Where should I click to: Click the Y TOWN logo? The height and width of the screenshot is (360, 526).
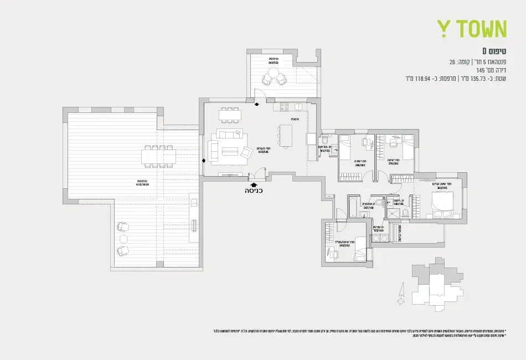click(x=472, y=29)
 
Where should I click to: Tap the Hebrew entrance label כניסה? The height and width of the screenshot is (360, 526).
click(x=254, y=191)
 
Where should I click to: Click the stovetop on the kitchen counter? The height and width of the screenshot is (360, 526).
click(x=285, y=106)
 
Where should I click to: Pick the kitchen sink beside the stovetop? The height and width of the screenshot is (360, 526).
click(x=298, y=106)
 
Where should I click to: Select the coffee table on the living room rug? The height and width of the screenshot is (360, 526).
click(x=230, y=151)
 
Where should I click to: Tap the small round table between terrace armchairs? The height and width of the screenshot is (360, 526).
click(x=121, y=239)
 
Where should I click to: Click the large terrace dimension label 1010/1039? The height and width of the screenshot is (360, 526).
click(x=142, y=183)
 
